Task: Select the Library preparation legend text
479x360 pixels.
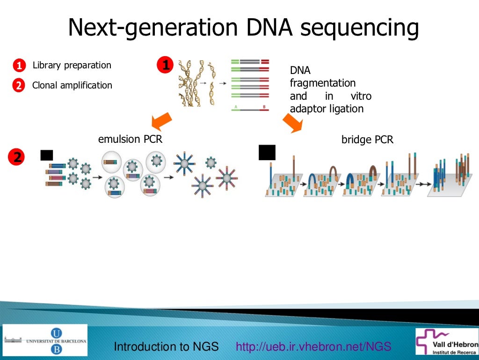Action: pyautogui.click(x=72, y=66)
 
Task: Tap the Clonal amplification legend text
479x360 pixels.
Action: pyautogui.click(x=72, y=86)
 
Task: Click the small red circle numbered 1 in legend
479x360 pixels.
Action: pyautogui.click(x=18, y=66)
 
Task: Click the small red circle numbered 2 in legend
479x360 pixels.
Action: pyautogui.click(x=18, y=86)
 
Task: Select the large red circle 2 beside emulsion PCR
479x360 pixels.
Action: pyautogui.click(x=17, y=157)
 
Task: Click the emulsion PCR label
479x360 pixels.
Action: pyautogui.click(x=130, y=139)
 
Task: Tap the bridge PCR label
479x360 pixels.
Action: pyautogui.click(x=367, y=140)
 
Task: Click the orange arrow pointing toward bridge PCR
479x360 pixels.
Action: pyautogui.click(x=293, y=123)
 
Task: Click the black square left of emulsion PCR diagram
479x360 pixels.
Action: pyautogui.click(x=47, y=155)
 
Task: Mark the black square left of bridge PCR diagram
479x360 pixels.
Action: pyautogui.click(x=267, y=153)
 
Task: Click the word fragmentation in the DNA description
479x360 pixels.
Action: pyautogui.click(x=323, y=83)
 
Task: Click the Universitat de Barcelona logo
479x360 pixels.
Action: pyautogui.click(x=45, y=340)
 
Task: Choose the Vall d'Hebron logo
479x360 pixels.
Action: pyautogui.click(x=447, y=341)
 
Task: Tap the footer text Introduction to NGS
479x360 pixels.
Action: pyautogui.click(x=167, y=347)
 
